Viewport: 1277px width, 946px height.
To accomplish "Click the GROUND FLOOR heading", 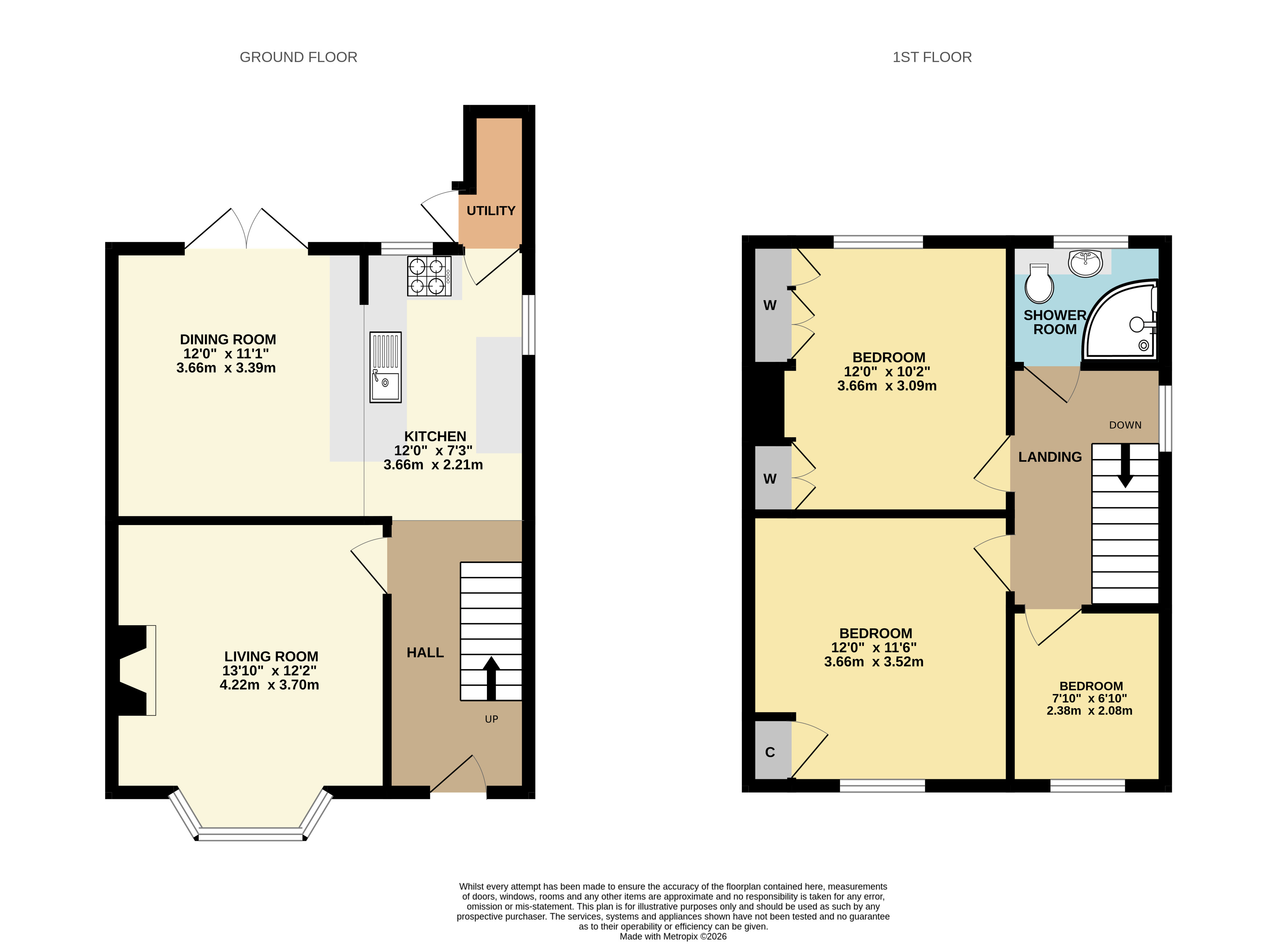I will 298,57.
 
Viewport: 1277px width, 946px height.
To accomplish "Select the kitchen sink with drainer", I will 385,367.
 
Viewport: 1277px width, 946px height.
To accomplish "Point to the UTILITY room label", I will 491,211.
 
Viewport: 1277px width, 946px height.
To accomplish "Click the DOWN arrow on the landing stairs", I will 1125,465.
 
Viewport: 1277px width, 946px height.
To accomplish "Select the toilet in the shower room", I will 1039,283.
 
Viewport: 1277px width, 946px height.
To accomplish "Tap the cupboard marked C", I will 770,752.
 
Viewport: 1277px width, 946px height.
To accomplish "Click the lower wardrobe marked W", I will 770,479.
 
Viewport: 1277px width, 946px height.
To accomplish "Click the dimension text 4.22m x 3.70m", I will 269,685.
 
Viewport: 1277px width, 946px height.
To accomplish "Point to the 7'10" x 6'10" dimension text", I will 1089,698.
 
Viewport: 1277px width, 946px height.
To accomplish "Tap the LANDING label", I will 1050,457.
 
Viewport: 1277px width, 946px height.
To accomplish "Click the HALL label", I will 425,653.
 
